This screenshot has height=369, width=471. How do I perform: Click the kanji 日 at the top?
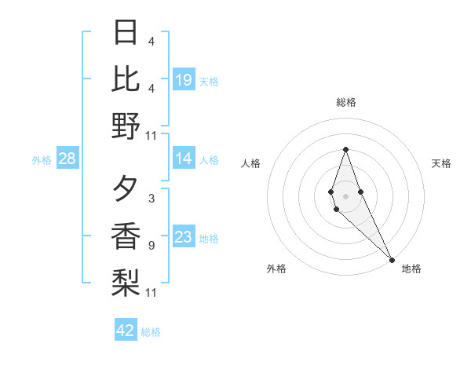click(126, 34)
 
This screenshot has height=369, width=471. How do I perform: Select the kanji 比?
click(126, 79)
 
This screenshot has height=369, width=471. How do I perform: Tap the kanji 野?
click(126, 126)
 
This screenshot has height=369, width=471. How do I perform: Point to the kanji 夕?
click(126, 189)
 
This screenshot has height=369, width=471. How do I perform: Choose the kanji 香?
click(126, 236)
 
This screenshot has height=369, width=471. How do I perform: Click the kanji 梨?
click(126, 281)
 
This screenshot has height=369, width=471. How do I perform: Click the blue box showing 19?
click(184, 79)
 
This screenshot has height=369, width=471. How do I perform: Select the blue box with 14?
click(184, 159)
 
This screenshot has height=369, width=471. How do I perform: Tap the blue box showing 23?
click(184, 236)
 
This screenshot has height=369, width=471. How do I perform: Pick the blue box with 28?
click(68, 159)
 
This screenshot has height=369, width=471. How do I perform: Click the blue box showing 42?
click(126, 331)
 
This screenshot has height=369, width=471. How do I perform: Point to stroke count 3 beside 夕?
click(151, 199)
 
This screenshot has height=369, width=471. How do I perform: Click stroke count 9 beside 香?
click(151, 246)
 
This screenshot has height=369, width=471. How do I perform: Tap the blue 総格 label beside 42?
click(151, 332)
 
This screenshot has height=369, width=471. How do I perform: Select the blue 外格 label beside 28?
click(42, 160)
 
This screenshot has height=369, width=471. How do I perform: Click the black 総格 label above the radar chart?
click(346, 103)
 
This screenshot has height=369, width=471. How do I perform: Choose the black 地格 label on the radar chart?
click(411, 269)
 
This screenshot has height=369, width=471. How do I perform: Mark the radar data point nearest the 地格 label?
click(391, 258)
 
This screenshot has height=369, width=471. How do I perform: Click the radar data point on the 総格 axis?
click(345, 150)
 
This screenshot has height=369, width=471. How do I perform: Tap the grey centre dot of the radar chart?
click(345, 195)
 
